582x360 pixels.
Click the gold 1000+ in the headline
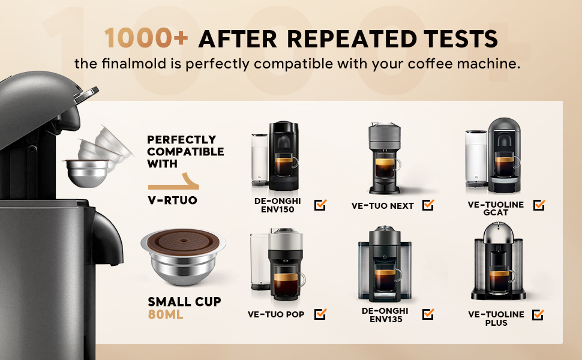click(x=146, y=38)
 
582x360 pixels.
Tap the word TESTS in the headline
click(x=460, y=38)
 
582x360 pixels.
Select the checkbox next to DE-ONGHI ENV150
click(x=320, y=205)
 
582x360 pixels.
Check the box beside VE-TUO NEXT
click(x=428, y=205)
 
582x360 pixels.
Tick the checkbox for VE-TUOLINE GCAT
click(x=539, y=205)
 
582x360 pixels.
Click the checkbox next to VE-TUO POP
click(x=320, y=314)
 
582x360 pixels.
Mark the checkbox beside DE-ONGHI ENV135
click(x=428, y=314)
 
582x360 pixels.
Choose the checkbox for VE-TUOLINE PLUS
click(x=538, y=315)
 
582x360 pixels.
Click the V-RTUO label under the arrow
click(x=172, y=200)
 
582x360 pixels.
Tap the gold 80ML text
click(x=166, y=314)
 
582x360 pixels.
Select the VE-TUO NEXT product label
click(x=382, y=206)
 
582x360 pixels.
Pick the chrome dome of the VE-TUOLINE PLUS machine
click(x=498, y=232)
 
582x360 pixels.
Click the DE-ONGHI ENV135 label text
click(x=385, y=315)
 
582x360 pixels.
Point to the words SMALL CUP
click(x=184, y=301)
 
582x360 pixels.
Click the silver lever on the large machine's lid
click(x=87, y=95)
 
